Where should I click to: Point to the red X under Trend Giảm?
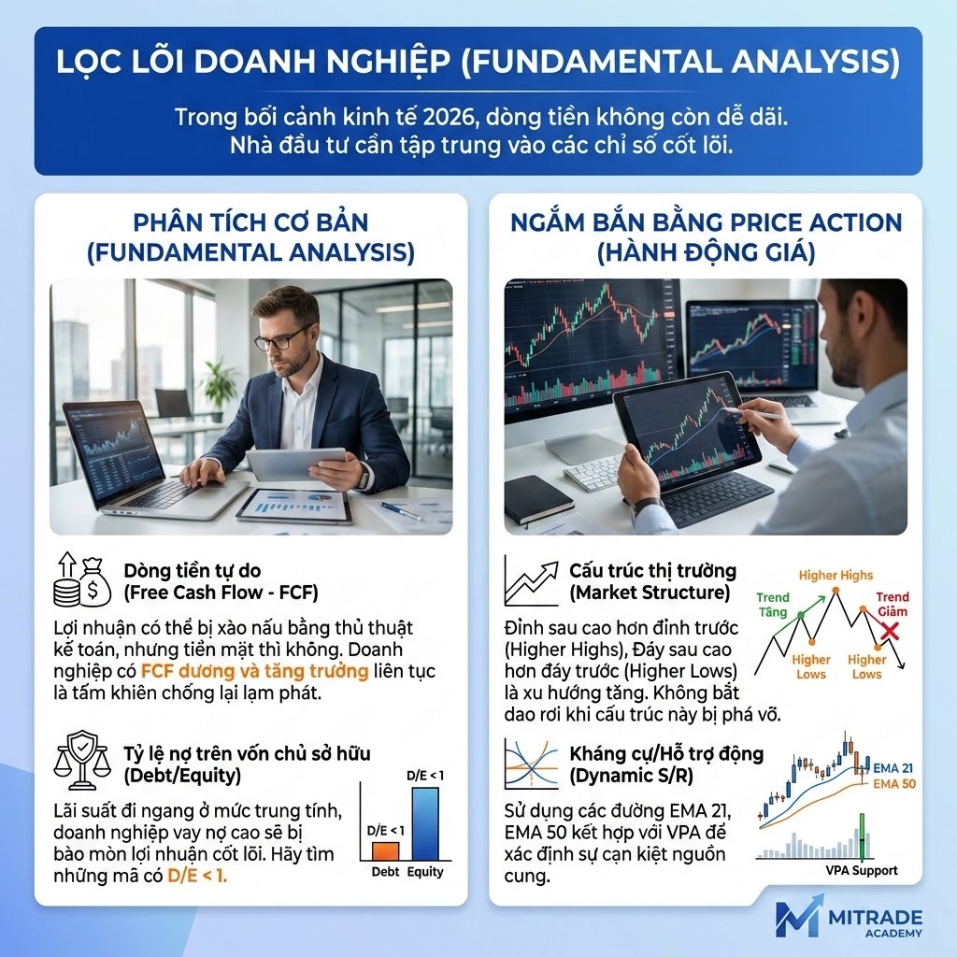click(x=888, y=631)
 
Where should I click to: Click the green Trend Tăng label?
click(x=773, y=604)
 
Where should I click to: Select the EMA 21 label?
click(x=893, y=767)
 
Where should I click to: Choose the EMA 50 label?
click(x=893, y=784)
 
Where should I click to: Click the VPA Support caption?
click(x=861, y=870)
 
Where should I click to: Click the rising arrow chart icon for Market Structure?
click(x=530, y=580)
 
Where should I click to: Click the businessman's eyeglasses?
click(x=283, y=338)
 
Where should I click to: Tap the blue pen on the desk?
click(x=400, y=511)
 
